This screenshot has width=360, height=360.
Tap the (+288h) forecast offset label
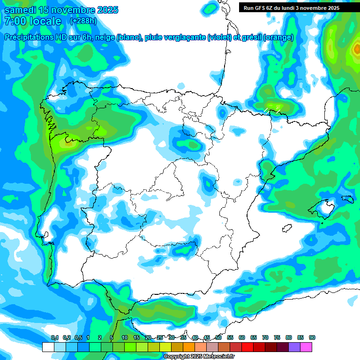[83, 21]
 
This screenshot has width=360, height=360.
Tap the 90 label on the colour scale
[312, 337]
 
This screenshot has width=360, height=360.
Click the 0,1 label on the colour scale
[55, 337]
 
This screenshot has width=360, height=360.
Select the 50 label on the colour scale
[218, 337]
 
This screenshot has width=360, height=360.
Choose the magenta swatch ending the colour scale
[306, 347]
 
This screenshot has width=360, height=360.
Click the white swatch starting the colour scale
[48, 347]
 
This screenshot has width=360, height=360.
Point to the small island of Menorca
[347, 199]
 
